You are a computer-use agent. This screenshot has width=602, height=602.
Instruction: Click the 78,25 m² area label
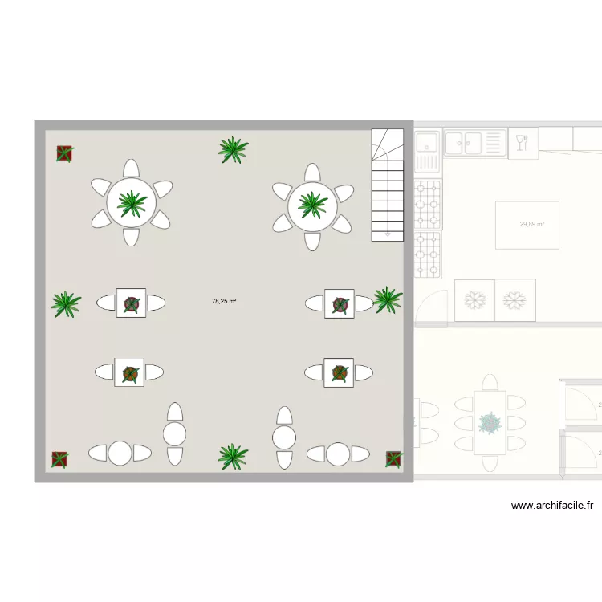tap(224, 302)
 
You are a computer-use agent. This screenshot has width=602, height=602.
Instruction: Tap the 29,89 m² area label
tap(532, 225)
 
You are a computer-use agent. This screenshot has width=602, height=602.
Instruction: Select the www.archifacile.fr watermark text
tap(552, 506)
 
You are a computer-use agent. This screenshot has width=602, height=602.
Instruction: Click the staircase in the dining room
tap(388, 185)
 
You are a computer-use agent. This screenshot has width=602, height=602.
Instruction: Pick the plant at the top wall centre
tap(233, 149)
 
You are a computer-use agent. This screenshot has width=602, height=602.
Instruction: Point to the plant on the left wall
tap(66, 303)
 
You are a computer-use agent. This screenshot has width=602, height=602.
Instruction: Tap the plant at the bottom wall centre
tap(233, 456)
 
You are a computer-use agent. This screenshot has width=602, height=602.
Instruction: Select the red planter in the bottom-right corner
tap(393, 458)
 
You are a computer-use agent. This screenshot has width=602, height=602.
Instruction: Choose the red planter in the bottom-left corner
tap(59, 459)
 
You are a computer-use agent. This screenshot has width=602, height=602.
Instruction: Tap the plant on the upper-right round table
tap(312, 204)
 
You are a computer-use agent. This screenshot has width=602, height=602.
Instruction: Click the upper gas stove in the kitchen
tap(428, 204)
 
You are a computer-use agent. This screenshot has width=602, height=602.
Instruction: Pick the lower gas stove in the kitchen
tap(428, 254)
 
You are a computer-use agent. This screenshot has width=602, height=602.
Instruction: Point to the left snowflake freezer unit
tap(474, 301)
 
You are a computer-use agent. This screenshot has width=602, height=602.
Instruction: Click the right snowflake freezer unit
tap(515, 301)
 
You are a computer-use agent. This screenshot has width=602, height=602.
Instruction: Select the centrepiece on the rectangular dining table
tap(489, 423)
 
